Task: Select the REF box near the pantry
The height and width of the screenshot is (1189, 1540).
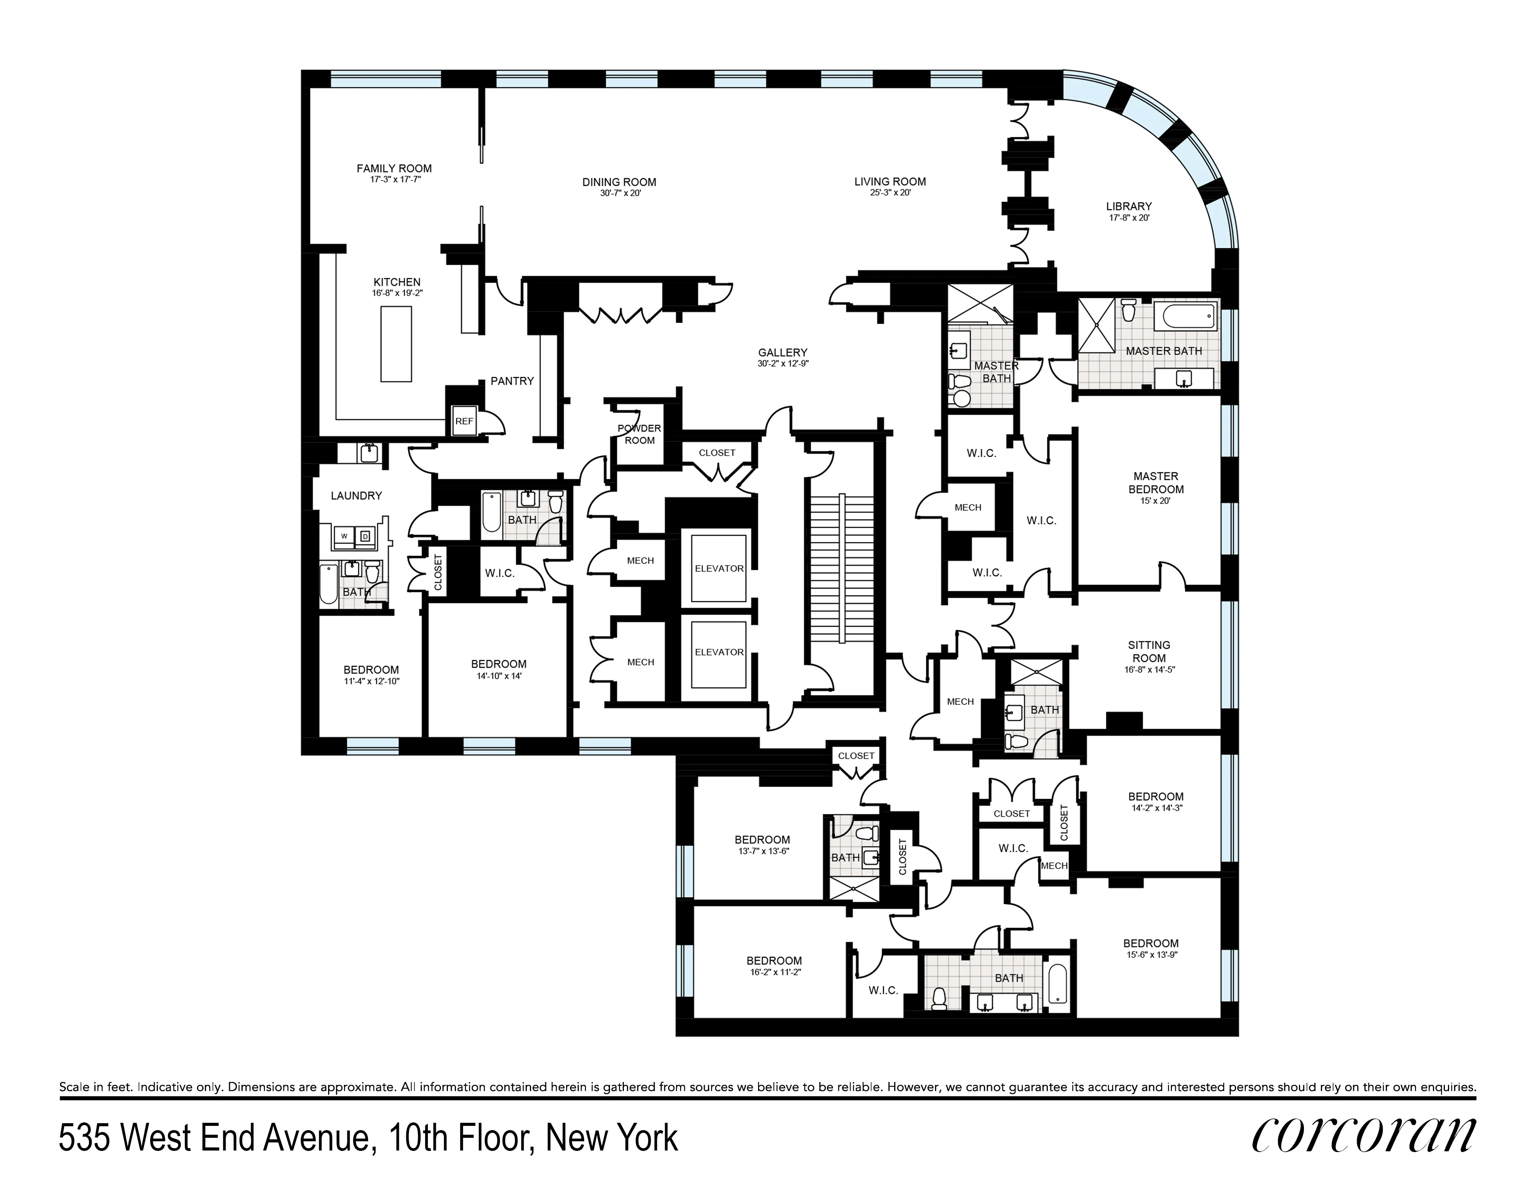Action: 464,421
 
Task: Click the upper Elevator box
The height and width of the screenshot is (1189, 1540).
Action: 719,568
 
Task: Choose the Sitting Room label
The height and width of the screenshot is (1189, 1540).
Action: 1149,651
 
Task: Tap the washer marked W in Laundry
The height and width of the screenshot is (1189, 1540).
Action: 344,536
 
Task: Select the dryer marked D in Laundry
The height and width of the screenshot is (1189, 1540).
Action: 365,536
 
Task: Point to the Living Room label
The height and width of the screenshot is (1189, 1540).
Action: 890,182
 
